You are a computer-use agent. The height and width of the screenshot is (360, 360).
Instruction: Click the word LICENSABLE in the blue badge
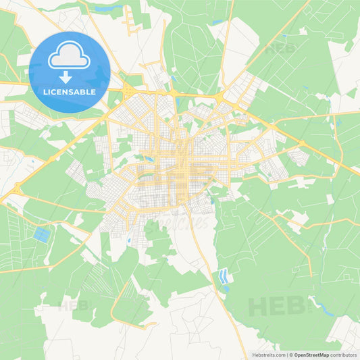coord(70,92)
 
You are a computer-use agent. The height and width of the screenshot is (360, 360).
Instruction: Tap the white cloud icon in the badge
coord(69,57)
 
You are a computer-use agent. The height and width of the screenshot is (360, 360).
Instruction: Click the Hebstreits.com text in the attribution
coord(267,355)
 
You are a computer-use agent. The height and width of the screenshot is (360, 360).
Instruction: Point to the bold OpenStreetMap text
coord(311,355)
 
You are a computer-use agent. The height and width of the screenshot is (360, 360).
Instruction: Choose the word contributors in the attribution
coord(344,355)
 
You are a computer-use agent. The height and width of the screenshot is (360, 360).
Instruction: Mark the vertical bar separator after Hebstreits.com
coord(288,355)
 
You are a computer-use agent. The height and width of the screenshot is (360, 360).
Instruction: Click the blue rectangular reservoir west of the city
coord(42,235)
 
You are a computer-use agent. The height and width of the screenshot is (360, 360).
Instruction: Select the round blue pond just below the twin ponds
coord(226,288)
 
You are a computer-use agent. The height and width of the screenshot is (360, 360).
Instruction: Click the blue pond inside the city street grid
coord(147,160)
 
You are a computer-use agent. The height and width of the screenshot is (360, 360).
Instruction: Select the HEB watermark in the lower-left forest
coord(74,305)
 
